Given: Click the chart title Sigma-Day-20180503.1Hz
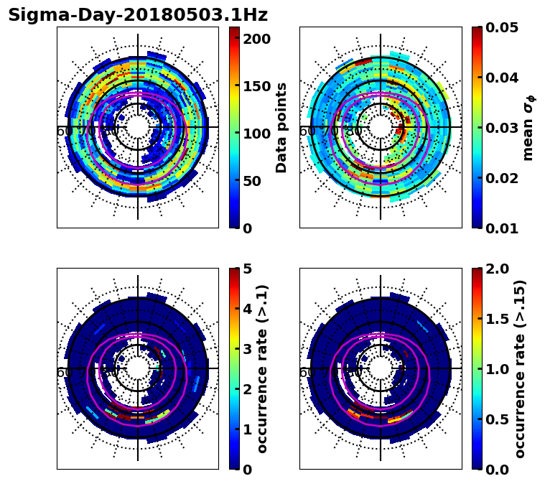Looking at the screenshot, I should (137, 15).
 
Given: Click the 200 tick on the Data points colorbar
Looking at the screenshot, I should (256, 39).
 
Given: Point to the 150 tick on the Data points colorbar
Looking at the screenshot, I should (256, 86).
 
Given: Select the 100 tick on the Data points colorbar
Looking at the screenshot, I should (256, 134).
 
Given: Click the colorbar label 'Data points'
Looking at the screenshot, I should (281, 127).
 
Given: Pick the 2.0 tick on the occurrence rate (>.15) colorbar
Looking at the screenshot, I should (498, 269).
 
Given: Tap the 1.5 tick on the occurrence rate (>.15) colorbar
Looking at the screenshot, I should (498, 319).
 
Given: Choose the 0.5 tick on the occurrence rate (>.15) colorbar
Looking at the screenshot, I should (498, 419).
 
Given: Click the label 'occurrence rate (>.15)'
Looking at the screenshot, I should (520, 368).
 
